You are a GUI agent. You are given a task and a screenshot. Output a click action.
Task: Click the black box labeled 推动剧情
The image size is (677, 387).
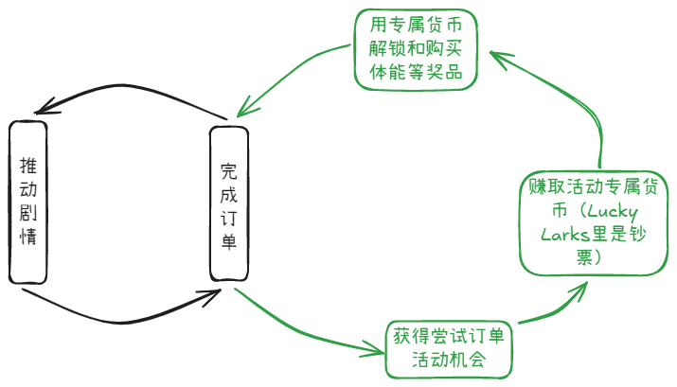(28, 202)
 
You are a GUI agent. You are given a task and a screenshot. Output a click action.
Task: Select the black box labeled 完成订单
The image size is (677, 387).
(228, 204)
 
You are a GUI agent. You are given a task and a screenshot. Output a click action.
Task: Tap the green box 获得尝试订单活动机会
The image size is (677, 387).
(449, 348)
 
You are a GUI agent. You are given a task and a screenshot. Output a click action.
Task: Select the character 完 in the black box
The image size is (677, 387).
(228, 171)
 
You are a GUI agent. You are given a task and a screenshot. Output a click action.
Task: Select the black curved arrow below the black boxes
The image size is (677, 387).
(123, 314)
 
